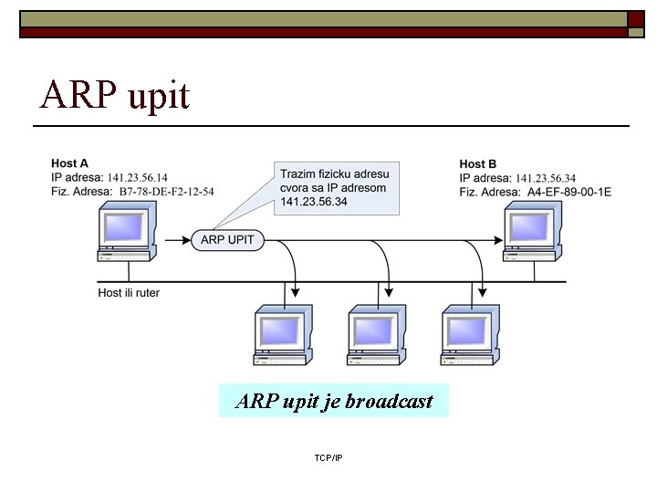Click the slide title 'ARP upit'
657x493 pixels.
pos(115,94)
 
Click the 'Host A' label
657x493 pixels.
pos(69,163)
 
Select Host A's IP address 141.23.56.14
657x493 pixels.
pos(137,177)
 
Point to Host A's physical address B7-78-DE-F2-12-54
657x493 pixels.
pos(166,192)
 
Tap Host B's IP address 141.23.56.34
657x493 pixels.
pos(546,178)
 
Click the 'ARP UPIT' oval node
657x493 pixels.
pos(228,240)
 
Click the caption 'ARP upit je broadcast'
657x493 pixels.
pos(334,401)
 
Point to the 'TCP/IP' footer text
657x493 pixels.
pos(328,456)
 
